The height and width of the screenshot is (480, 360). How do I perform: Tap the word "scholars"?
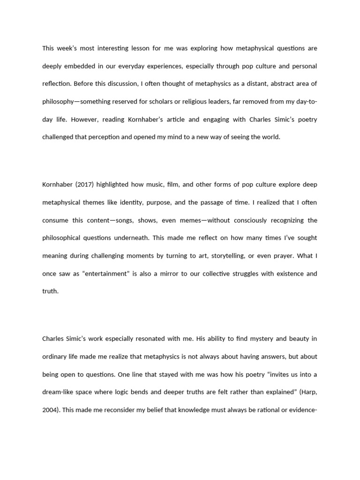171,102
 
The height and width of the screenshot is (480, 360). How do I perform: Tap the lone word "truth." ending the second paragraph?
50,291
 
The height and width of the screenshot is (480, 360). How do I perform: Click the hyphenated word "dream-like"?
58,374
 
